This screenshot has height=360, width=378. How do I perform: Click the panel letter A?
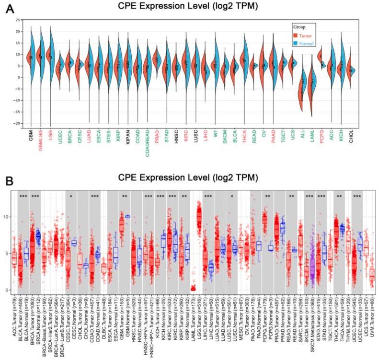pyautogui.click(x=9, y=6)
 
